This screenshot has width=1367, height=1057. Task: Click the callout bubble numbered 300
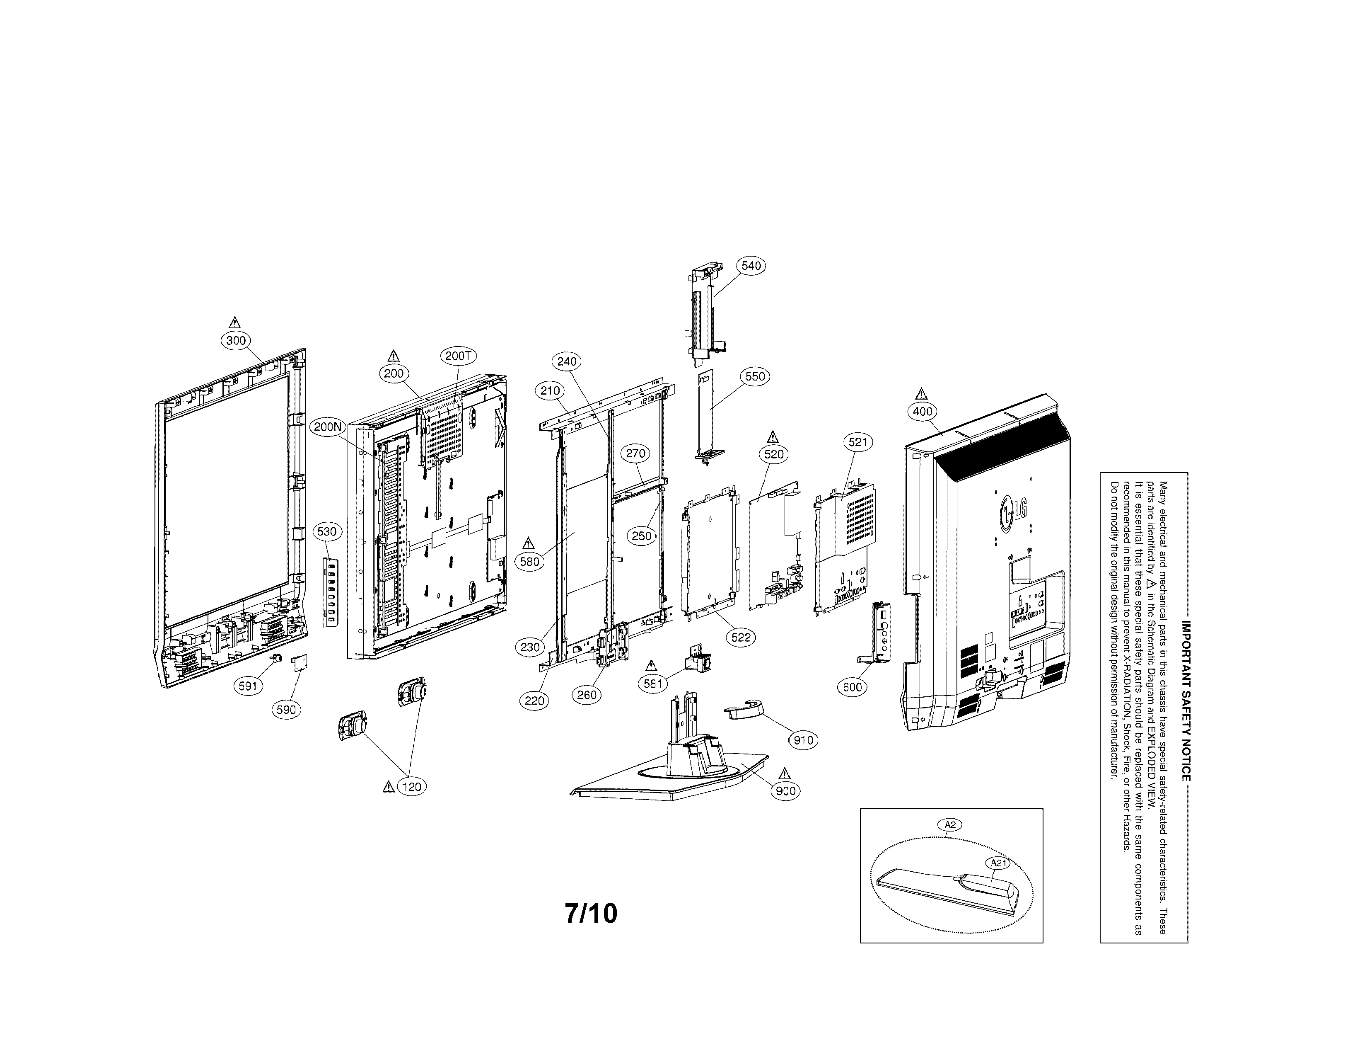[236, 341]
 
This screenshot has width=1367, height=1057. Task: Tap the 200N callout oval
[328, 427]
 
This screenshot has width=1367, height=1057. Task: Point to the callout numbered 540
[751, 266]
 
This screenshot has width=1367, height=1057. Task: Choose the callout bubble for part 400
[923, 412]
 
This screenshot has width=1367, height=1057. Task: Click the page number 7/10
[591, 914]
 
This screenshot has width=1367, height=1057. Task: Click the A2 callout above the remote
[950, 825]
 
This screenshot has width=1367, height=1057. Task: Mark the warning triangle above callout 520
[773, 436]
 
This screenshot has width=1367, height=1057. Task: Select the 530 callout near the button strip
[327, 532]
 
